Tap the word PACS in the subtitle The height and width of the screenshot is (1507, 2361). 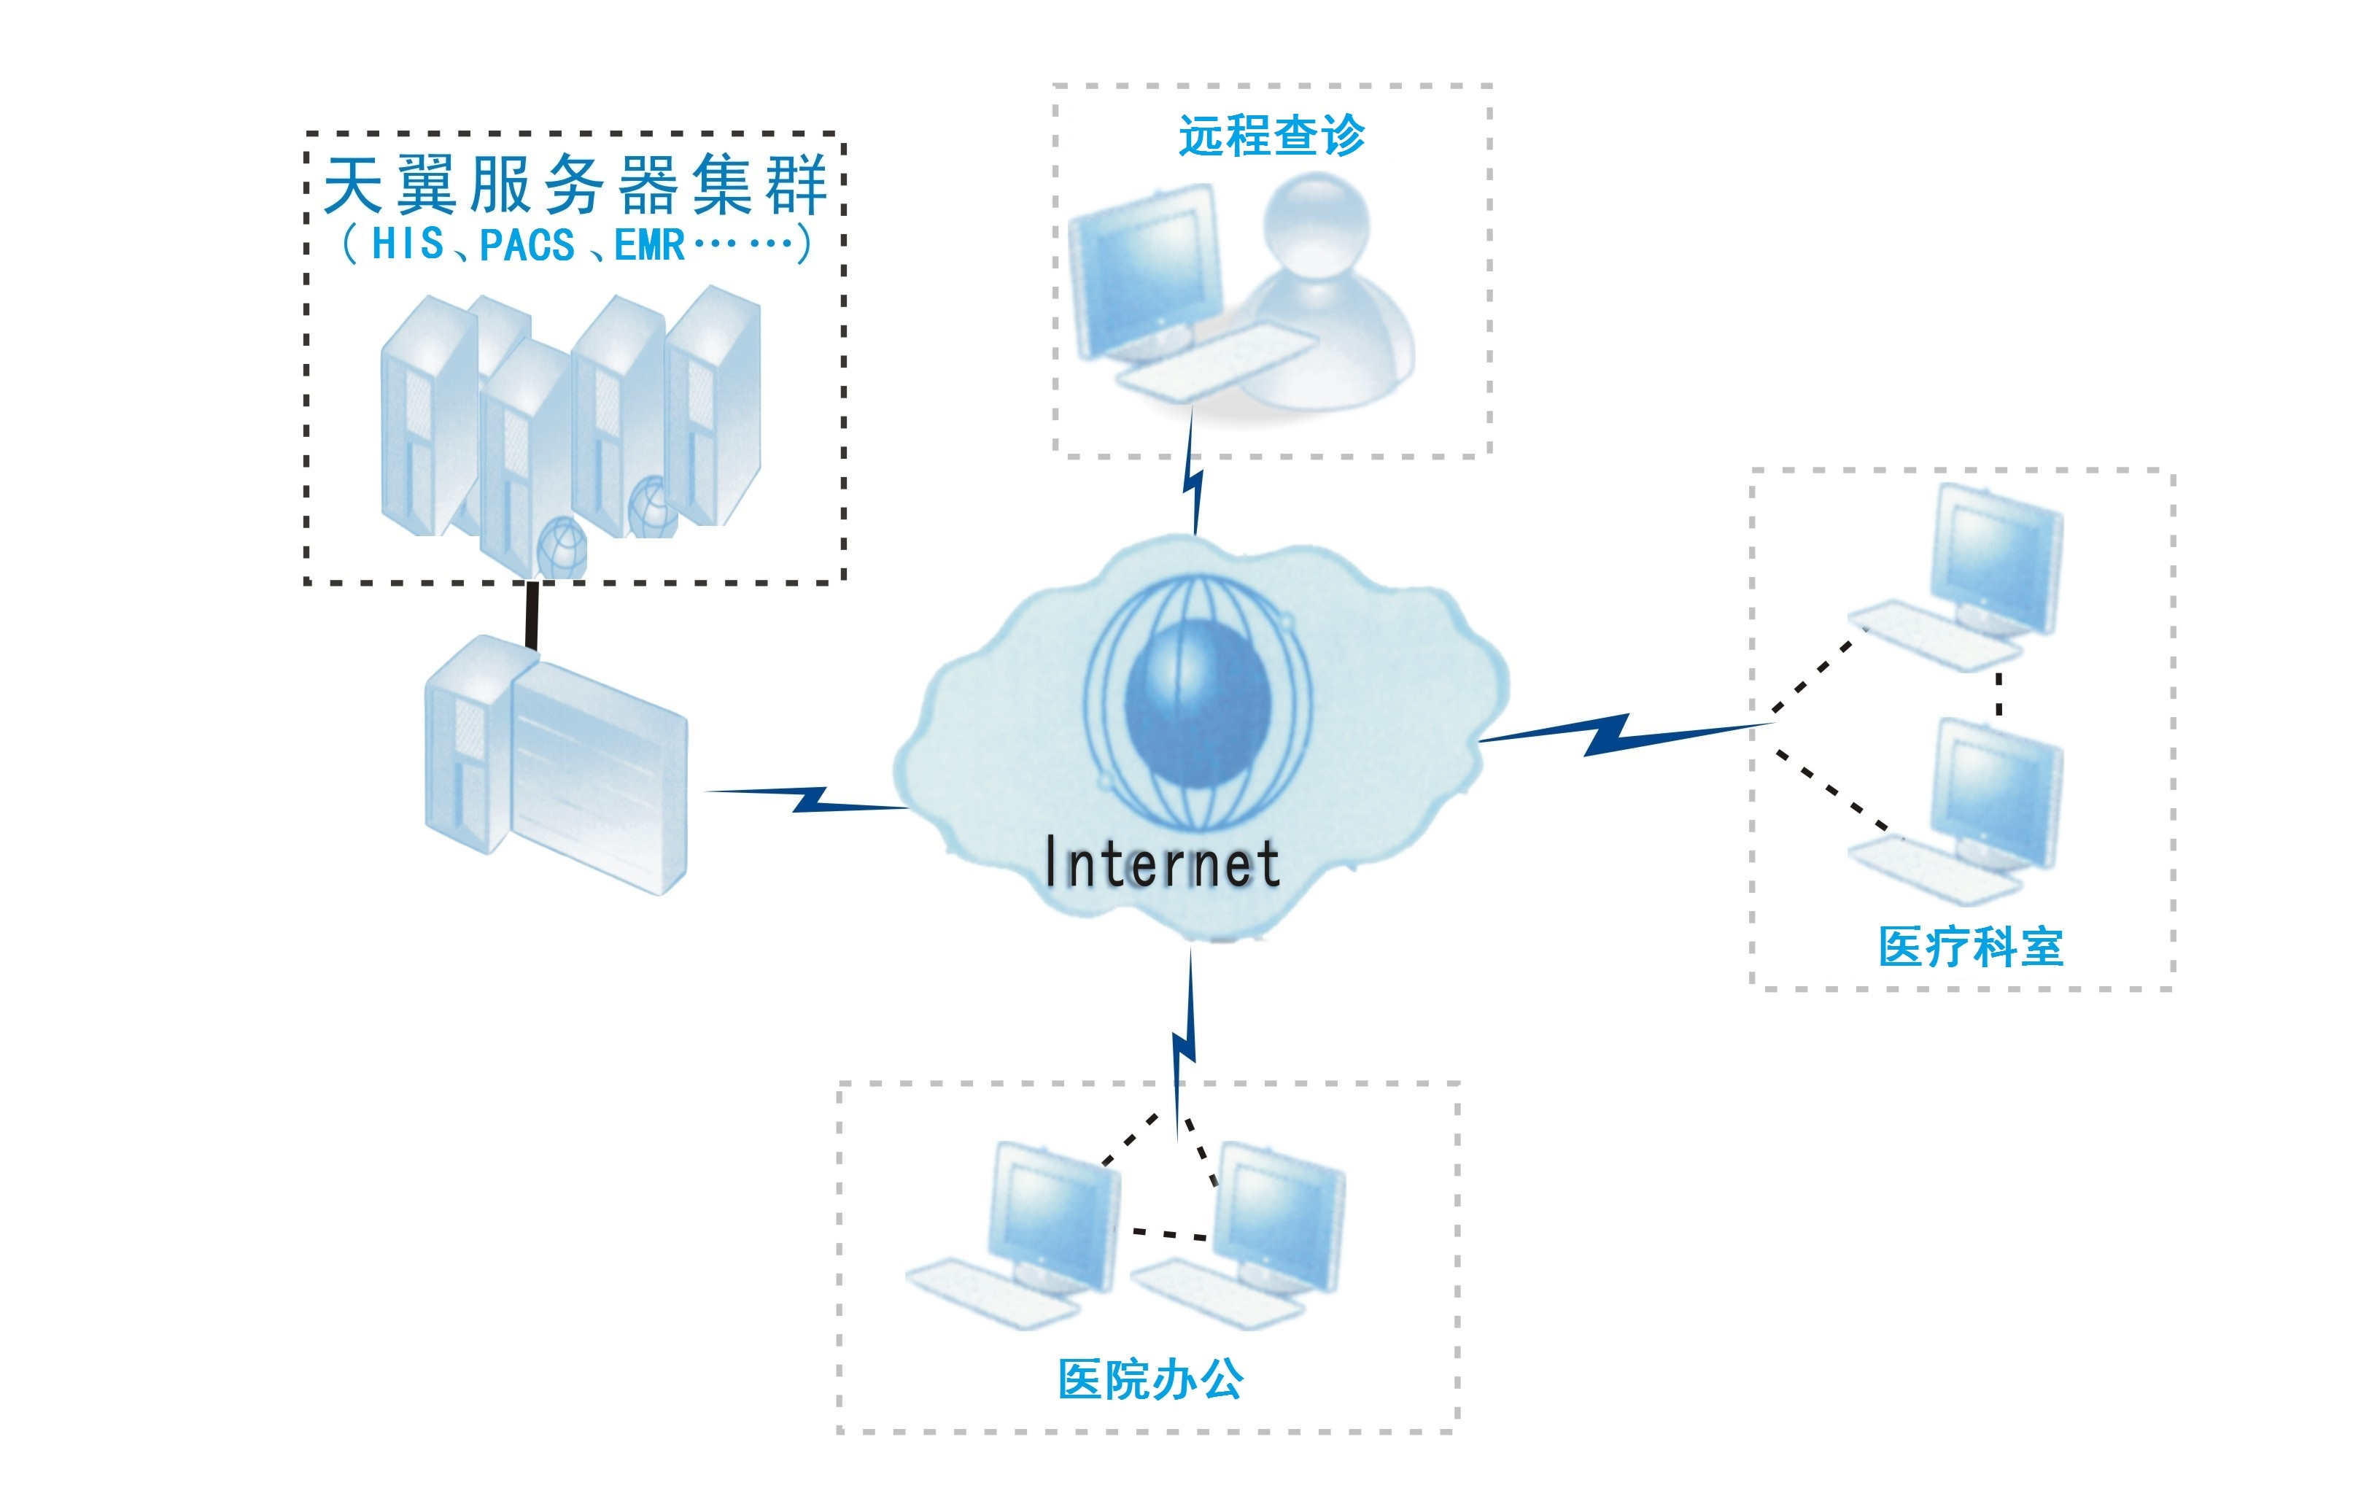point(527,245)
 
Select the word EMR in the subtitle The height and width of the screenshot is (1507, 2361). point(649,245)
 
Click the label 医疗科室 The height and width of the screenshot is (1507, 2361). point(1971,947)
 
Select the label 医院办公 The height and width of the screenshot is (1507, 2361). point(1150,1379)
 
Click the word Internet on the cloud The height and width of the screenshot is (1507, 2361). point(1162,863)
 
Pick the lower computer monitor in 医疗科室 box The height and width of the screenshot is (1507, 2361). point(1996,790)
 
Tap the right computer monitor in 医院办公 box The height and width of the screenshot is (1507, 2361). point(1279,1216)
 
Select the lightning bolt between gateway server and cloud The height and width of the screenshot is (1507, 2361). point(810,799)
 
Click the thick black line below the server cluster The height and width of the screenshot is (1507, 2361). point(532,615)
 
